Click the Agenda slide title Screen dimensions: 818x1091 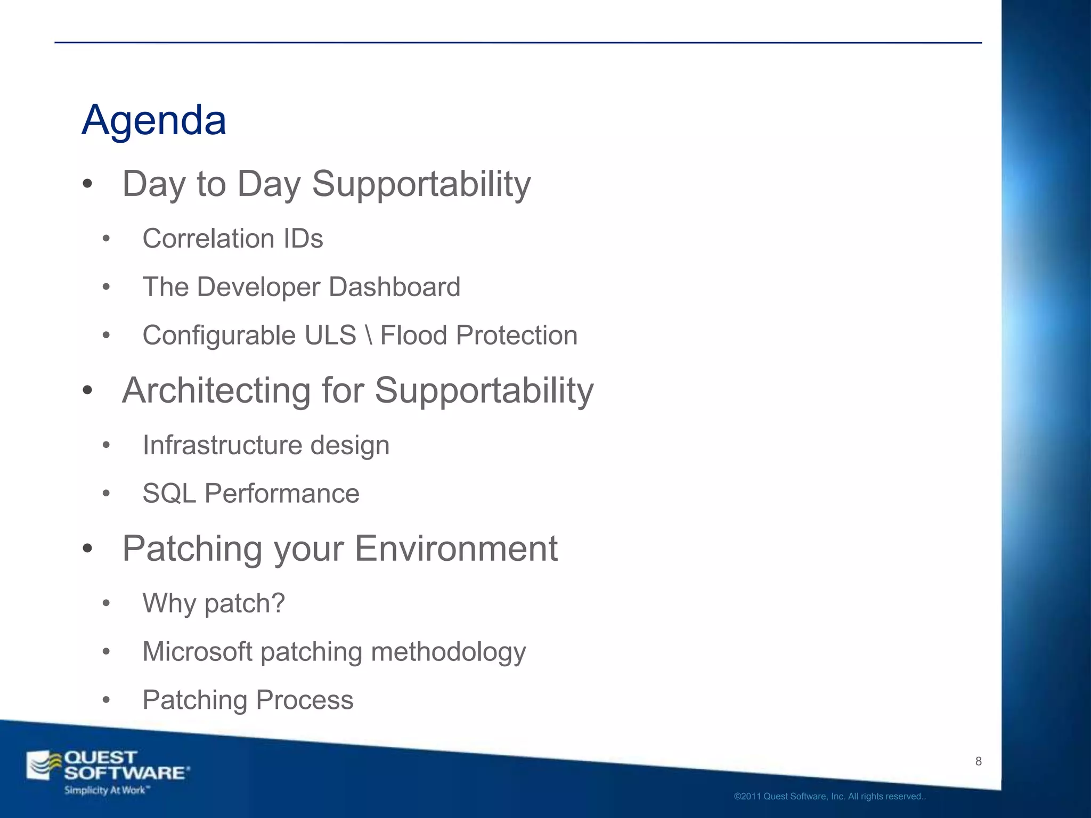(x=154, y=120)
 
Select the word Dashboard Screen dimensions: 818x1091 (x=394, y=287)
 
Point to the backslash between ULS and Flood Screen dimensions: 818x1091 (x=368, y=336)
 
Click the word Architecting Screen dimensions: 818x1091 (x=216, y=390)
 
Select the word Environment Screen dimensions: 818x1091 (x=456, y=549)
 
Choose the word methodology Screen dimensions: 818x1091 (x=448, y=652)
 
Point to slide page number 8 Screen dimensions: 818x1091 (x=978, y=761)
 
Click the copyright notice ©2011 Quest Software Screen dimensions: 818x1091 (x=829, y=797)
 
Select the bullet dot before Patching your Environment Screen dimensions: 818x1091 (x=88, y=549)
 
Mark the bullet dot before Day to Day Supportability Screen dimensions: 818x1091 (x=88, y=184)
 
